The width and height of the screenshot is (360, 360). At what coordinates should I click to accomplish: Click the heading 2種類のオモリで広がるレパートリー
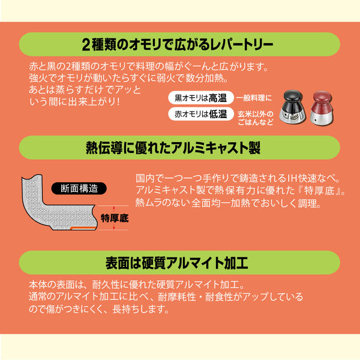point(179,44)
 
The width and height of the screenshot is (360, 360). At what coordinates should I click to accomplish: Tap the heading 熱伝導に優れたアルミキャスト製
point(179,147)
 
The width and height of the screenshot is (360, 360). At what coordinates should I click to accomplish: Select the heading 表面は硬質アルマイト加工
point(179,263)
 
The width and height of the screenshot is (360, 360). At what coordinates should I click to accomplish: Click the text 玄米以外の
point(256,112)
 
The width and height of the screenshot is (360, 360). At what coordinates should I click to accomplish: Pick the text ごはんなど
point(256,122)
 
